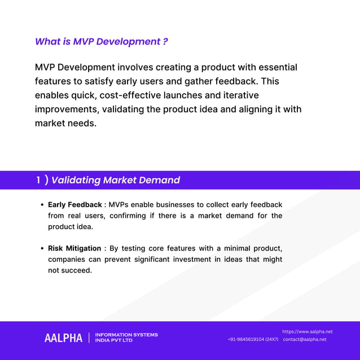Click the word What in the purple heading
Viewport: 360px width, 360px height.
click(x=47, y=42)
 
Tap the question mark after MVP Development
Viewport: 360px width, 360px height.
click(x=165, y=42)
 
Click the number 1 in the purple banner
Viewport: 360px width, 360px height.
click(x=38, y=181)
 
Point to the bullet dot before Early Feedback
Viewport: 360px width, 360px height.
click(x=42, y=205)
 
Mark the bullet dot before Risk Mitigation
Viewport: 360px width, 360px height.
click(x=42, y=249)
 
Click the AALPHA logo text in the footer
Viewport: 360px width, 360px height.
click(x=63, y=338)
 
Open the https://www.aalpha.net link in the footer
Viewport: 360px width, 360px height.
click(x=307, y=332)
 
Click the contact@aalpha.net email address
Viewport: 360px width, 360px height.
click(x=305, y=340)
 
